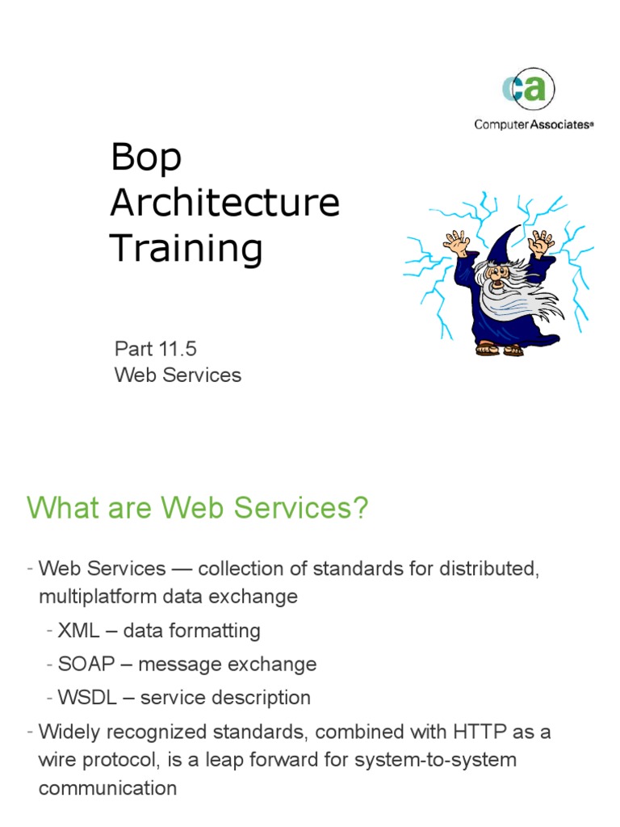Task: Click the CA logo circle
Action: [529, 90]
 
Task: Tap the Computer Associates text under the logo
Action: [534, 124]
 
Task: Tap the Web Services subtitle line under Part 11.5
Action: [178, 375]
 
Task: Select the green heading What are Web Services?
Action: [197, 509]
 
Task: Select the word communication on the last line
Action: [107, 787]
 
